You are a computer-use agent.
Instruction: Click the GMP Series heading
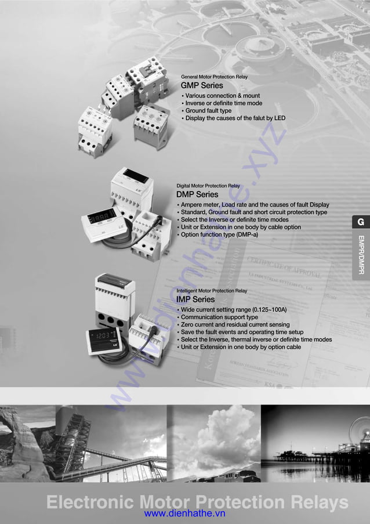pos(202,86)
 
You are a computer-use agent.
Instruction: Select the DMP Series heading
pos(197,194)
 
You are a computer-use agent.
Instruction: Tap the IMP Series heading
pos(195,299)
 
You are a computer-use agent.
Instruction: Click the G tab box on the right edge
pos(360,222)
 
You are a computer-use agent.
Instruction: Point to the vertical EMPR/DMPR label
pos(361,255)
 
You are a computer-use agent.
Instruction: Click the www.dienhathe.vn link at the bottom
pos(184,514)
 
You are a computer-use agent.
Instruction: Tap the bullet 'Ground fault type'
pos(208,111)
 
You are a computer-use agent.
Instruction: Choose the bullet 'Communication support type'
pos(219,317)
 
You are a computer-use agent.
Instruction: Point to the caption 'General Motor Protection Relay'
pos(214,77)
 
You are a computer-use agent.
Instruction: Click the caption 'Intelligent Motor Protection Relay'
pos(211,291)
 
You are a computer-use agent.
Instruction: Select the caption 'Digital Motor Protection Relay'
pos(208,186)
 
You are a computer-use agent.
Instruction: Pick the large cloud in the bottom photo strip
pos(223,432)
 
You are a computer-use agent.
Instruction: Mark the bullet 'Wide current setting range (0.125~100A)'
pos(234,310)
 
